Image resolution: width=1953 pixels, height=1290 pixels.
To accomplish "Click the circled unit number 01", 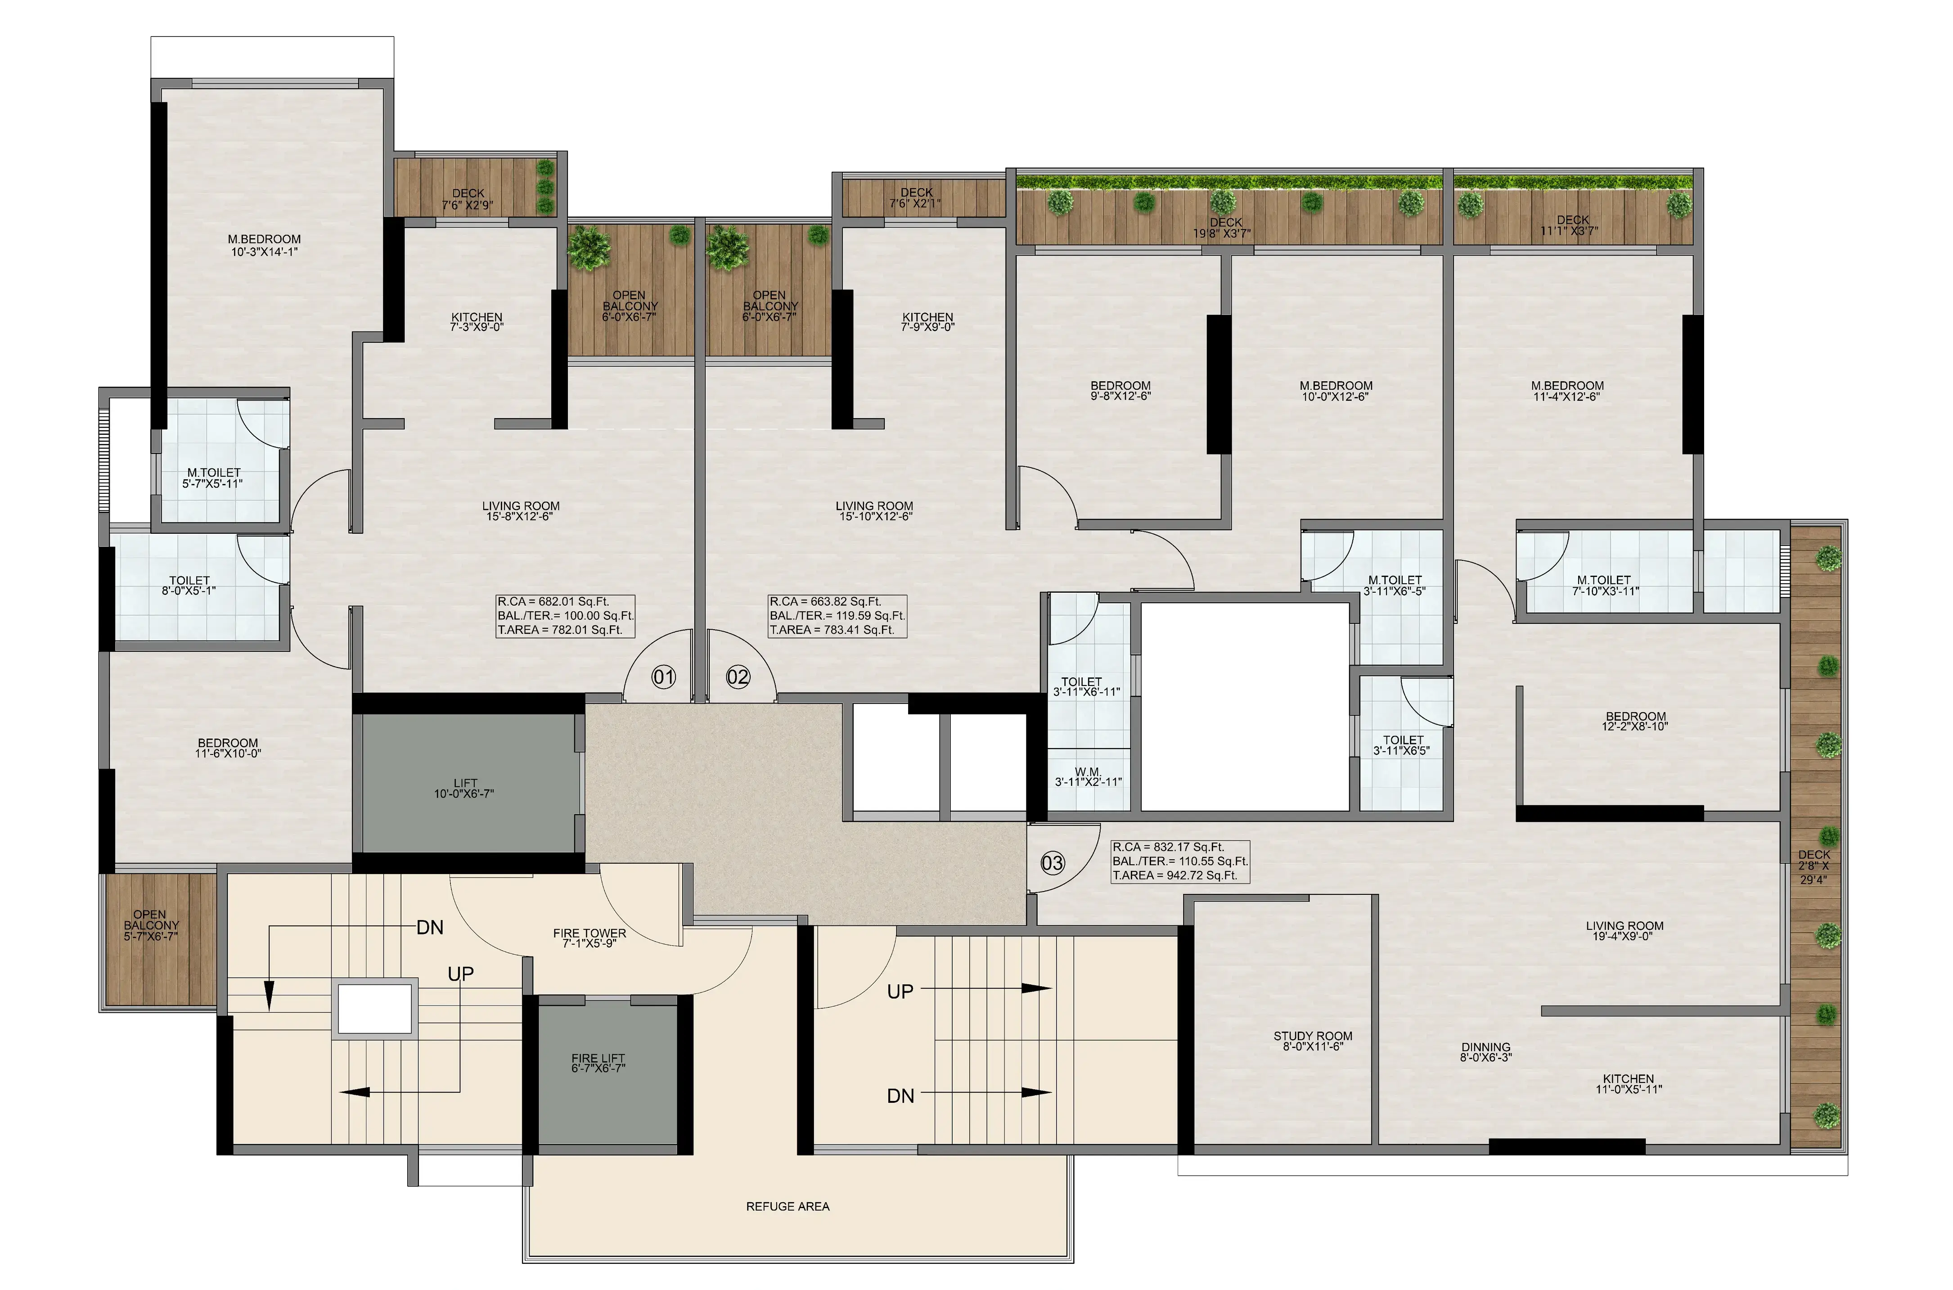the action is pos(664,677).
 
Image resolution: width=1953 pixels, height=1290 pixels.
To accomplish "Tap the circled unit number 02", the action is pos(738,677).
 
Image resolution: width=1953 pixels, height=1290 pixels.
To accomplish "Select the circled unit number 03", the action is pos(1053,863).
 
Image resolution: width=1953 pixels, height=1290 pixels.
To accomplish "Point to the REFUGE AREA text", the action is pos(788,1206).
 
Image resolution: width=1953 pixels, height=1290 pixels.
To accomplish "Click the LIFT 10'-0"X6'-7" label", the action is pos(464,788).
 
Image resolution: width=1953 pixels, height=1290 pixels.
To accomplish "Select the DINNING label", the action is pos(1486,1047).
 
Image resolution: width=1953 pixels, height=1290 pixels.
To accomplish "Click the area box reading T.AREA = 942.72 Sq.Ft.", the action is pos(1175,875).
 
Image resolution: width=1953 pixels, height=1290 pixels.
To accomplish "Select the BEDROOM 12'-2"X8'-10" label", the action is pos(1636,722).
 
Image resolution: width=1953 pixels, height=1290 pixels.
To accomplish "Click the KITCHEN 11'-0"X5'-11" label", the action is pos(1628,1083).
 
